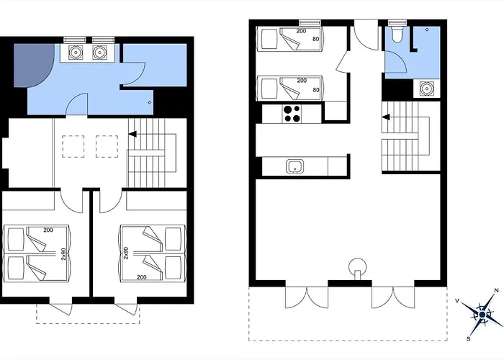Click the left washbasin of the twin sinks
tap(75, 53)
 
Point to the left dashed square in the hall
tap(72, 146)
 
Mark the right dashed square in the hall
tap(107, 146)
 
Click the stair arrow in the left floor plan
tap(133, 134)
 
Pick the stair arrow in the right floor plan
tap(387, 117)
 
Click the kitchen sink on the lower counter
tap(294, 166)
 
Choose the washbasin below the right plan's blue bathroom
tap(426, 89)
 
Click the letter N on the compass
tap(495, 291)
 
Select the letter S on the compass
tap(469, 338)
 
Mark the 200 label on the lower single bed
tap(302, 81)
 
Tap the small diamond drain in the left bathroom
tap(149, 104)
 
